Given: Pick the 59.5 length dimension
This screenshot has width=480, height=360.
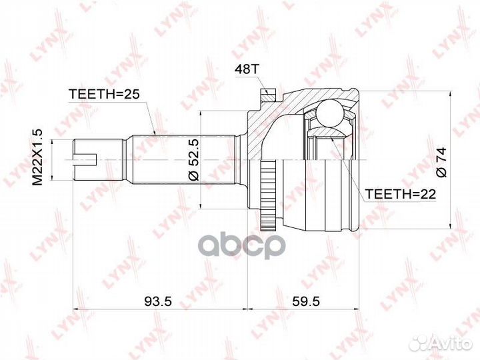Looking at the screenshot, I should click(x=305, y=301).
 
